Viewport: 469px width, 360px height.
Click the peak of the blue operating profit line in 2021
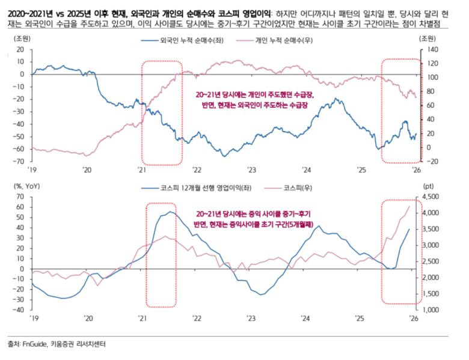[x=170, y=212]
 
